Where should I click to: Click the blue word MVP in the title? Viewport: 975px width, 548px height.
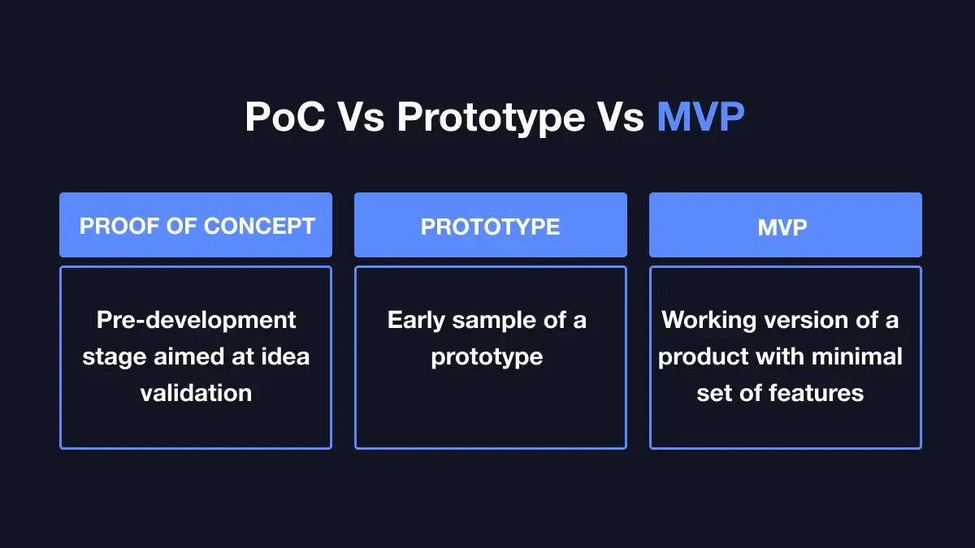tap(700, 117)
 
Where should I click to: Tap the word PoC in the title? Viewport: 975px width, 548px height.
tap(285, 117)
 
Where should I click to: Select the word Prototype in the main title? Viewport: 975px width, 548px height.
tap(491, 119)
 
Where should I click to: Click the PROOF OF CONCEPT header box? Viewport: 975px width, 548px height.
tap(196, 225)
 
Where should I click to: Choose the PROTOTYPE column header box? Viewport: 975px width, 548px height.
tap(491, 225)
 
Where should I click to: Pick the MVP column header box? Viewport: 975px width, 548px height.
tap(786, 225)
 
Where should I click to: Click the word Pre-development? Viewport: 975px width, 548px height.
tap(197, 321)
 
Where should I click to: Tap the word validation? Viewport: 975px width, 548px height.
tap(197, 393)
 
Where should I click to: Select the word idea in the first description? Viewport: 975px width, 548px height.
tap(285, 356)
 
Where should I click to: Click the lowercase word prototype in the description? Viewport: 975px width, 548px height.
tap(487, 358)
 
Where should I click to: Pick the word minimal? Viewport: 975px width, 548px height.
tap(857, 356)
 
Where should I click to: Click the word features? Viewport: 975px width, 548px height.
tap(816, 393)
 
